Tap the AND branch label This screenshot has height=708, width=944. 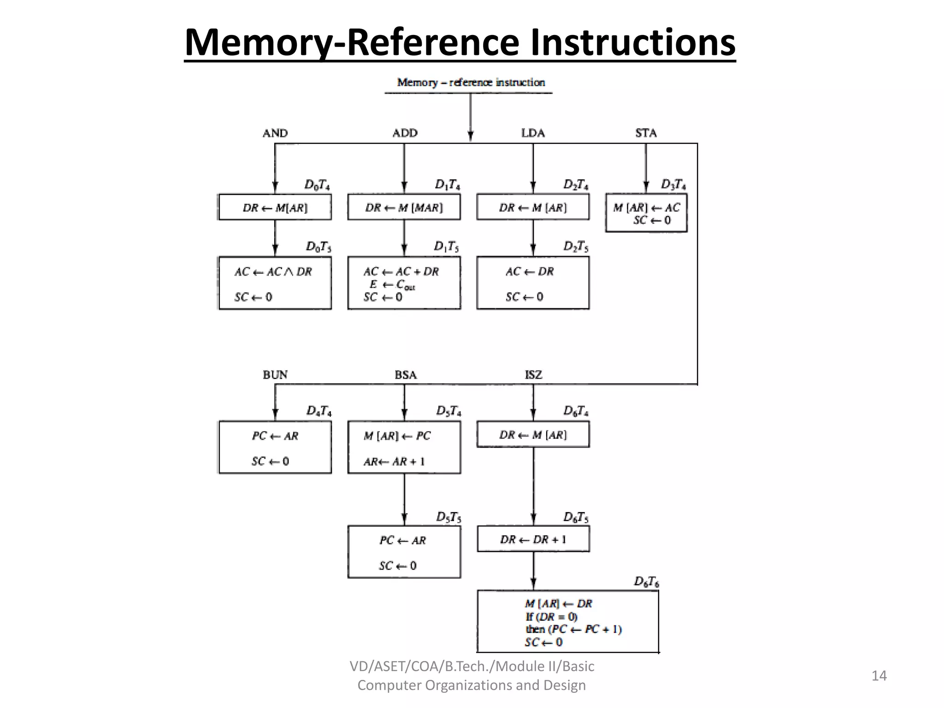(275, 133)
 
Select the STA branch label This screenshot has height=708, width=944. (646, 133)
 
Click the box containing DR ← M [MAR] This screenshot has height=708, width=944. (404, 207)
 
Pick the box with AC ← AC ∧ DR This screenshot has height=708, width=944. (275, 283)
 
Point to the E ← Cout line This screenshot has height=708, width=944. (392, 285)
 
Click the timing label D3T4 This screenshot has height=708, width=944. (673, 184)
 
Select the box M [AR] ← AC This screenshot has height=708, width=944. (646, 213)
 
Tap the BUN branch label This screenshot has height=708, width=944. (275, 375)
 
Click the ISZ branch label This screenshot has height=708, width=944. (533, 375)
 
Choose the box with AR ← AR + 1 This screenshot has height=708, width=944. (404, 447)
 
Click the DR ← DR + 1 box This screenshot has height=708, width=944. (533, 539)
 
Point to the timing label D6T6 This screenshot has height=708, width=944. (646, 582)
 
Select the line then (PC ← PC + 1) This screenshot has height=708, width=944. (573, 629)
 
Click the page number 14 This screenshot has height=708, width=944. (879, 676)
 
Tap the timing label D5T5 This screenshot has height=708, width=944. (448, 517)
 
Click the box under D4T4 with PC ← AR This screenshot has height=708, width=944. (275, 447)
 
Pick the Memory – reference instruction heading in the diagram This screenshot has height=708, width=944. (471, 83)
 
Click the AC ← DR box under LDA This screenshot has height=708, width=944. (533, 283)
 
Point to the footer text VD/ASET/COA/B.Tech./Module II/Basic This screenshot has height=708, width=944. (472, 666)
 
